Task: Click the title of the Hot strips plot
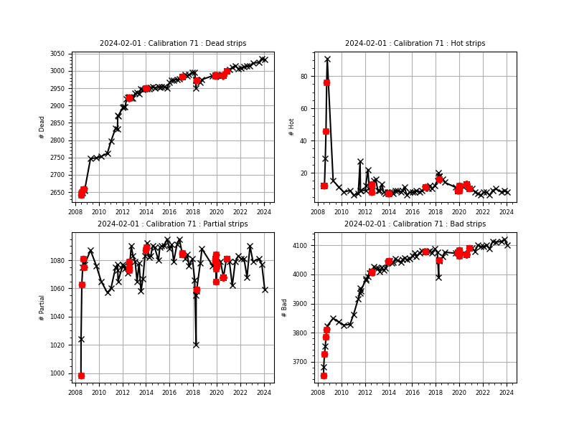click(415, 44)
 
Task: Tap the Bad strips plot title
click(415, 224)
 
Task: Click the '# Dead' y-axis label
click(42, 127)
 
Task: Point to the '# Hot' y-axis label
click(292, 127)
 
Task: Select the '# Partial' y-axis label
click(42, 307)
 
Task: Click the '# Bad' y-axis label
click(285, 307)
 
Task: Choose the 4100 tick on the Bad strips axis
click(301, 246)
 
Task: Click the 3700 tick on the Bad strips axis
click(301, 363)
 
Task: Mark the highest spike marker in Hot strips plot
click(327, 59)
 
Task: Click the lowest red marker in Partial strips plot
click(81, 376)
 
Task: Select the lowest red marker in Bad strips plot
click(324, 376)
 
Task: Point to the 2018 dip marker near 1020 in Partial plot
click(196, 345)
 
